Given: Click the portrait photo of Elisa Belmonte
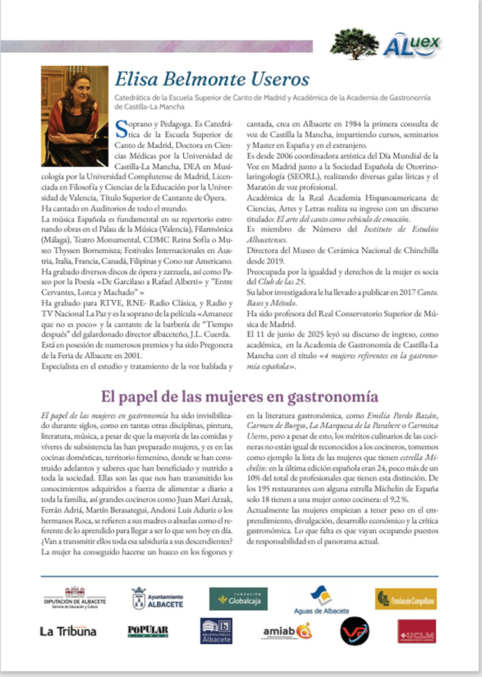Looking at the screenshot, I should tap(75, 107).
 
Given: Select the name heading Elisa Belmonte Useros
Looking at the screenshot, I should tap(211, 80).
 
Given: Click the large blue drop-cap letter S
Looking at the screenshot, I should tap(123, 127).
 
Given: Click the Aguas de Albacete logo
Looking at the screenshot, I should tap(321, 600).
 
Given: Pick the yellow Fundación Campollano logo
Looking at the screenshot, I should tap(406, 599).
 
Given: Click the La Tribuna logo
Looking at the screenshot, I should tap(68, 631).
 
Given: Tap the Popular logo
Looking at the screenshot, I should tap(148, 631).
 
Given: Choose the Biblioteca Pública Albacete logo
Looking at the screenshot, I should tap(216, 631).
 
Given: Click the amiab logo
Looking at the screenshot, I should tap(287, 631).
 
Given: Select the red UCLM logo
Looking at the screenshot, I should tap(416, 631).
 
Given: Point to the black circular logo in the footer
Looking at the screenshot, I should tap(355, 631).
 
